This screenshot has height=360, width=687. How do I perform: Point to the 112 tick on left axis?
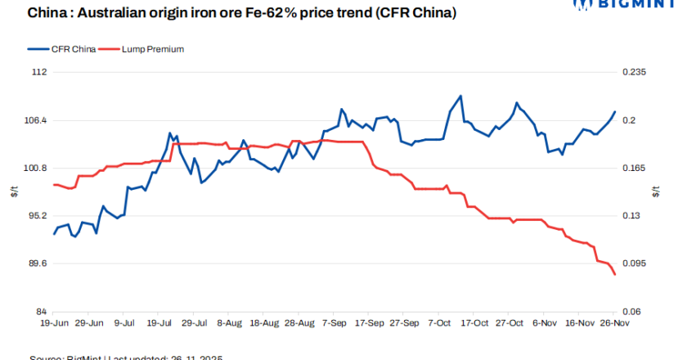[x=39, y=72]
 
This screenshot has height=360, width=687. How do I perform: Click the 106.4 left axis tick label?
[x=35, y=120]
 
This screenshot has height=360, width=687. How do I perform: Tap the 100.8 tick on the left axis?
[x=35, y=169]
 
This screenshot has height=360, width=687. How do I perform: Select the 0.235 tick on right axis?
[x=635, y=72]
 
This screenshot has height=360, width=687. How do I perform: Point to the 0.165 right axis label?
[x=635, y=169]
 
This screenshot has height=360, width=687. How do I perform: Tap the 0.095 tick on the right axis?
[x=635, y=264]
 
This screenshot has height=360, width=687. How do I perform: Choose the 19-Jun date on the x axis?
[x=54, y=323]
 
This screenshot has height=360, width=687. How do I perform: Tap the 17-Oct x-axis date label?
[x=476, y=323]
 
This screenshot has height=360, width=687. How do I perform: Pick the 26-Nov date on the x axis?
[x=615, y=323]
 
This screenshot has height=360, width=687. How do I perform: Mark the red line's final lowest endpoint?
[x=615, y=275]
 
